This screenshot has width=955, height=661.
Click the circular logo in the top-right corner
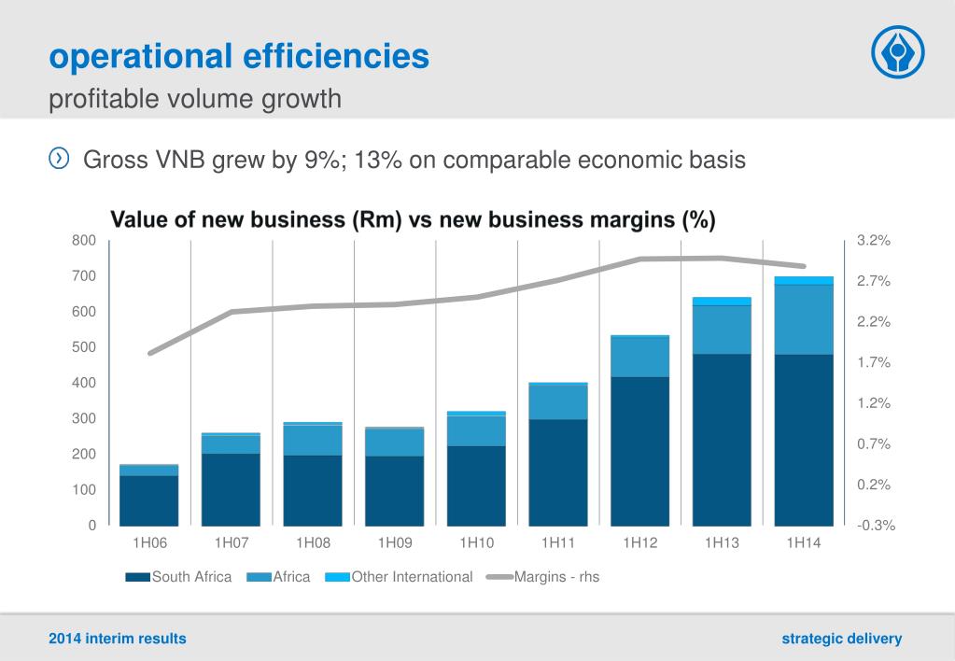[897, 52]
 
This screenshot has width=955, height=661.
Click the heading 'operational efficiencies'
[239, 57]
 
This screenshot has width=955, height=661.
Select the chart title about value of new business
[414, 220]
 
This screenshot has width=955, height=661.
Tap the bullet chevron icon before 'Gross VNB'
[59, 159]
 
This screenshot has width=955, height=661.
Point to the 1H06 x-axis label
[149, 543]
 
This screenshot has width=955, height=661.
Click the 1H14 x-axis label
[804, 543]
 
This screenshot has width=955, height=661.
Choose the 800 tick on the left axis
[84, 241]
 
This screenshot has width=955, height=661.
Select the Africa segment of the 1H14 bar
[804, 319]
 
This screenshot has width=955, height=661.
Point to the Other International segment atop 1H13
[722, 301]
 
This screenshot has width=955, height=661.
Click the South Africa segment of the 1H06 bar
[149, 500]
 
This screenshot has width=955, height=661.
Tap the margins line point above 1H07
[231, 312]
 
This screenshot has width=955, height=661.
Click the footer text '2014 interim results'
[118, 639]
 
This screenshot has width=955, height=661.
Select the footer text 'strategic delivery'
[842, 639]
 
